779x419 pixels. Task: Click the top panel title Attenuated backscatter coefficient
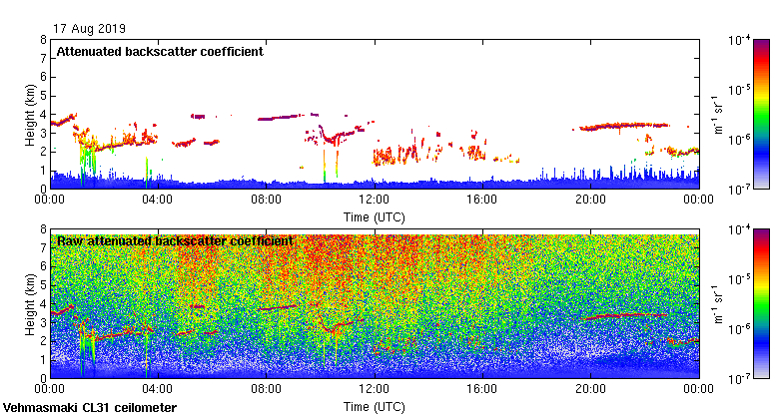(160, 52)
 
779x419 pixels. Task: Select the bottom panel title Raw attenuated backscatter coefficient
(175, 241)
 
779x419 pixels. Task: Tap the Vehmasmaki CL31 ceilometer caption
(90, 408)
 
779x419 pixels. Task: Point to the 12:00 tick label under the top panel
(374, 199)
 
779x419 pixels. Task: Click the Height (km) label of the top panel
(31, 114)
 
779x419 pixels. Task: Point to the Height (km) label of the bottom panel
(31, 303)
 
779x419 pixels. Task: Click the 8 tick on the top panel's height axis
(43, 41)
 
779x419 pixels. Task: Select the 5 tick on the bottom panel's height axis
(43, 285)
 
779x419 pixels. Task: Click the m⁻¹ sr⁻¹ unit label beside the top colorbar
(718, 114)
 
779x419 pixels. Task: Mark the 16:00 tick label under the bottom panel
(482, 388)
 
